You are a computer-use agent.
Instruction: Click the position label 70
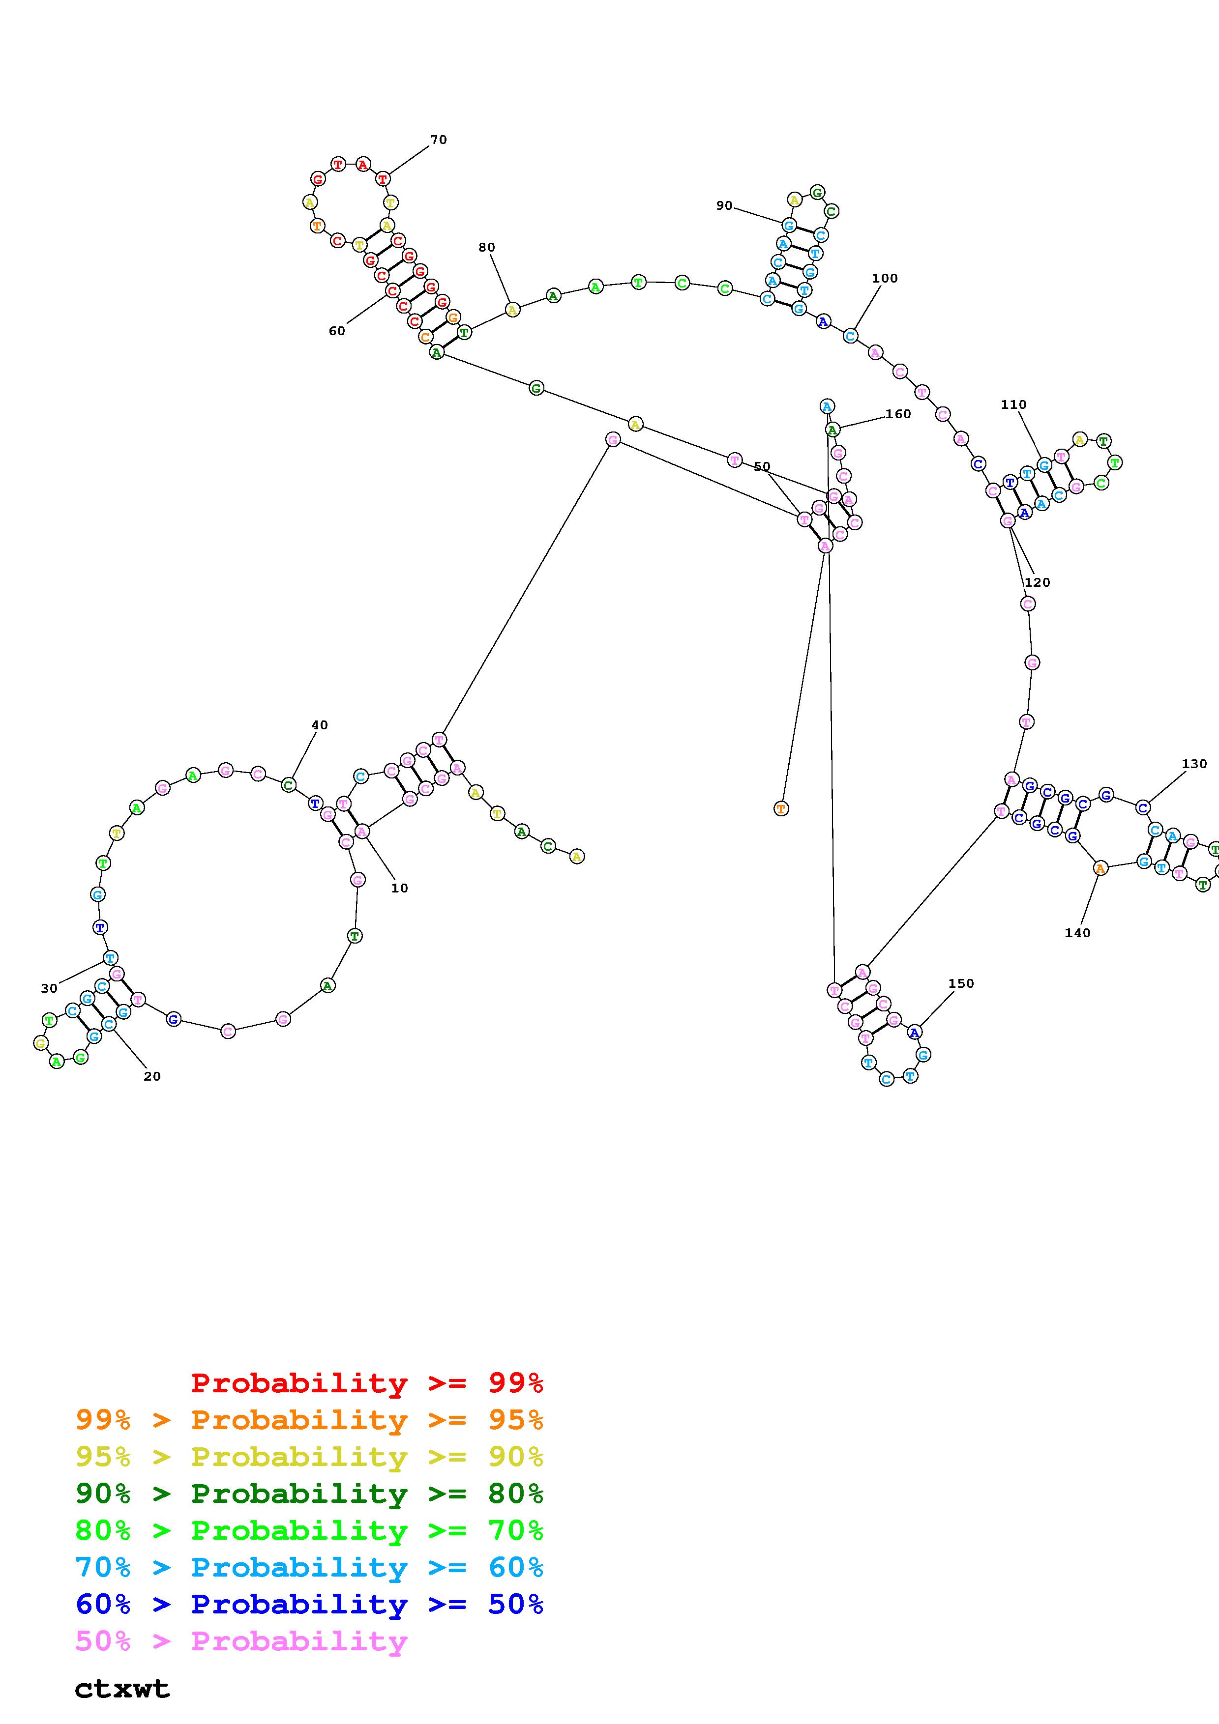pos(439,140)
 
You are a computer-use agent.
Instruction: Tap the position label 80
pos(487,247)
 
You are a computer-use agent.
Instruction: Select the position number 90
pos(724,206)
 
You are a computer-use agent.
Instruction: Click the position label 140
pos(1077,933)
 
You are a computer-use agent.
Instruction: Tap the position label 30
pos(49,988)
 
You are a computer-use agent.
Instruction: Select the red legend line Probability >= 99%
pos(366,1382)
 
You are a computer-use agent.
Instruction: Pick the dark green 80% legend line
pos(309,1494)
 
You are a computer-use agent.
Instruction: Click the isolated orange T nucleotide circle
pos(781,809)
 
